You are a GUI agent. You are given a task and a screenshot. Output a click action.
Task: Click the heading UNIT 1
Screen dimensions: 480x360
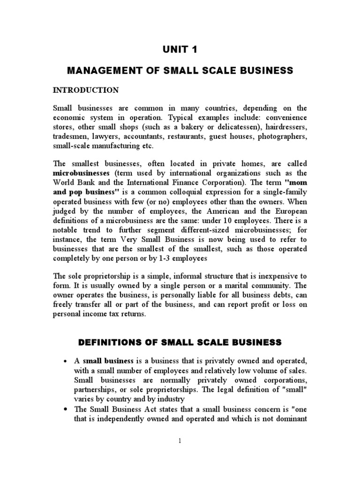coord(180,50)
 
